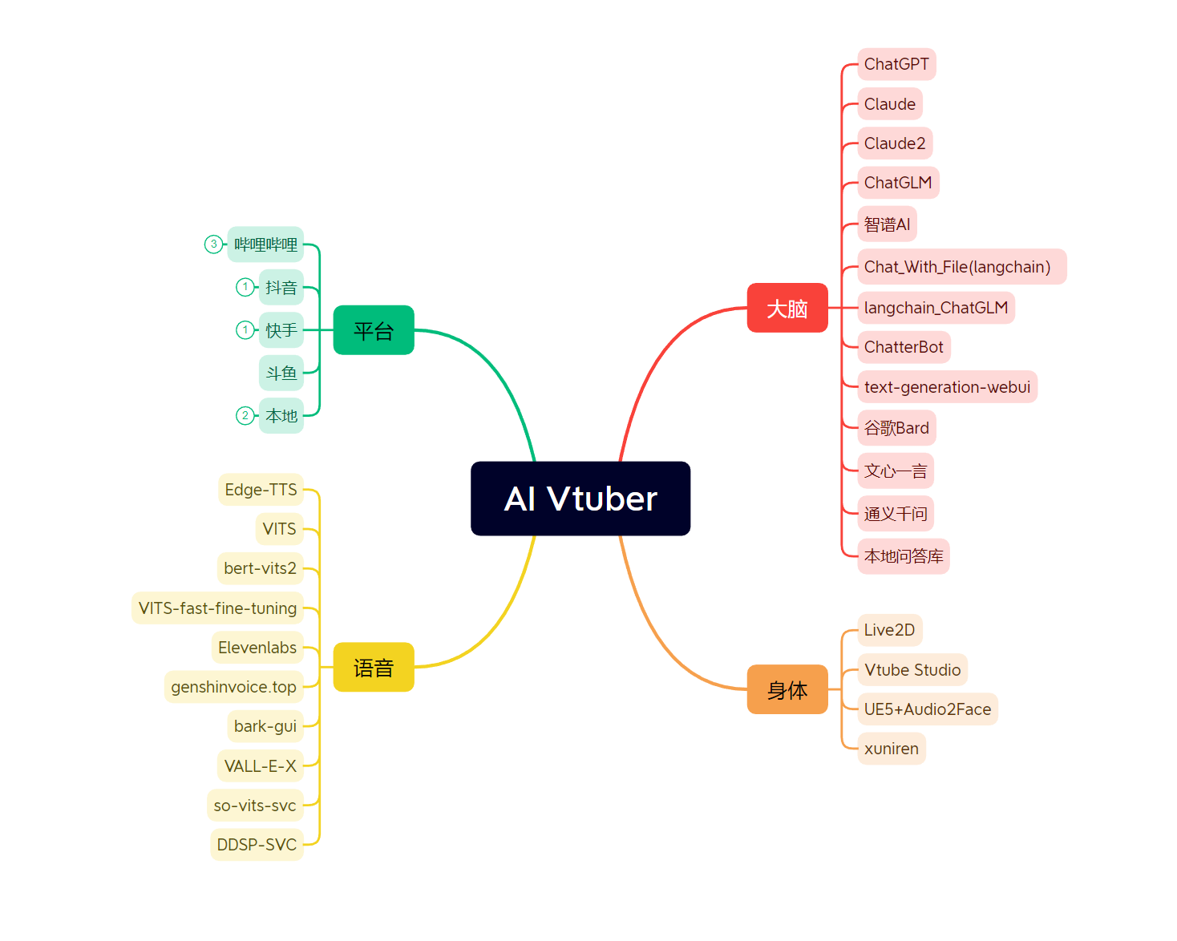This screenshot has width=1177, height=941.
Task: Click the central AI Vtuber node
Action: tap(580, 499)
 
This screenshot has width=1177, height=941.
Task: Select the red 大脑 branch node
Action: tap(787, 308)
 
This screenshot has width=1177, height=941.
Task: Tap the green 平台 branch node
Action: tap(374, 330)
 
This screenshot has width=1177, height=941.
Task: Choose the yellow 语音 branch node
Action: tap(374, 667)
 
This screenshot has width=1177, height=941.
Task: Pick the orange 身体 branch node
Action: tap(787, 689)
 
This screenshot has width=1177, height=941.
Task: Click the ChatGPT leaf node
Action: tap(896, 64)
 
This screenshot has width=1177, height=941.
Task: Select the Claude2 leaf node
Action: tap(895, 143)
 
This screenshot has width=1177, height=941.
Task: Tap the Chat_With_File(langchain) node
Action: tap(961, 267)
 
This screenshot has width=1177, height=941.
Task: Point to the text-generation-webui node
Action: tap(947, 387)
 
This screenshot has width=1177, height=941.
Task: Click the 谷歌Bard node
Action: tap(896, 428)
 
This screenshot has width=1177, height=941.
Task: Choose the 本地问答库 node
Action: tap(904, 556)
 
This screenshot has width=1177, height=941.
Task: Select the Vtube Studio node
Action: tap(912, 670)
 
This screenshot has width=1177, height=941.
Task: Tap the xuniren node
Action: tap(892, 749)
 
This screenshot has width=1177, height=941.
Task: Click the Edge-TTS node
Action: tap(261, 490)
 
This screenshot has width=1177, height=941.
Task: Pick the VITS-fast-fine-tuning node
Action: tap(217, 608)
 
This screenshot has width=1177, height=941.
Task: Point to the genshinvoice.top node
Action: tap(233, 687)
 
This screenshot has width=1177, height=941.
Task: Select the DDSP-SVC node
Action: tap(257, 845)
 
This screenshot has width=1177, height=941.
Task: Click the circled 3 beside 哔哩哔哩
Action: tap(213, 244)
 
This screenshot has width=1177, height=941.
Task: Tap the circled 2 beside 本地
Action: tap(245, 415)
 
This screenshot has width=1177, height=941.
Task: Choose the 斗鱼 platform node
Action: tap(281, 373)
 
